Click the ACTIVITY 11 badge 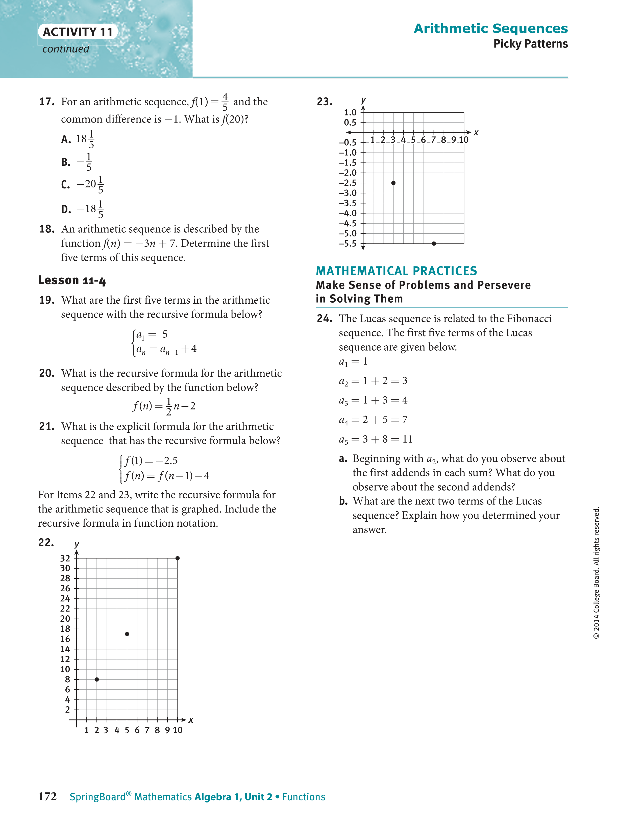click(78, 32)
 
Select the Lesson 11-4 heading click(72, 280)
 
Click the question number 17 click(47, 102)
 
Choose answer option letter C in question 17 click(66, 184)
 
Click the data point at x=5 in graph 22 click(127, 634)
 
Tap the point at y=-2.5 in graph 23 click(393, 183)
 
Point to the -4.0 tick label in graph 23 click(348, 213)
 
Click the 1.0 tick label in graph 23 click(350, 112)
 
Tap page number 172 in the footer click(47, 796)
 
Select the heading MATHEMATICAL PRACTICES click(396, 271)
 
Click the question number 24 click(325, 319)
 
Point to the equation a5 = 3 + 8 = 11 click(375, 439)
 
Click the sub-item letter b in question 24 click(343, 501)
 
